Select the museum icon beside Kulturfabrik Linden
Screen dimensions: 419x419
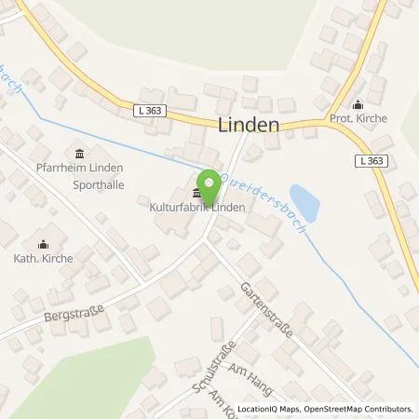(x=196, y=193)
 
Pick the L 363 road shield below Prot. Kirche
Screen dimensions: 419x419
(x=372, y=160)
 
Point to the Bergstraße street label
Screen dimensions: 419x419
(x=73, y=312)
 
